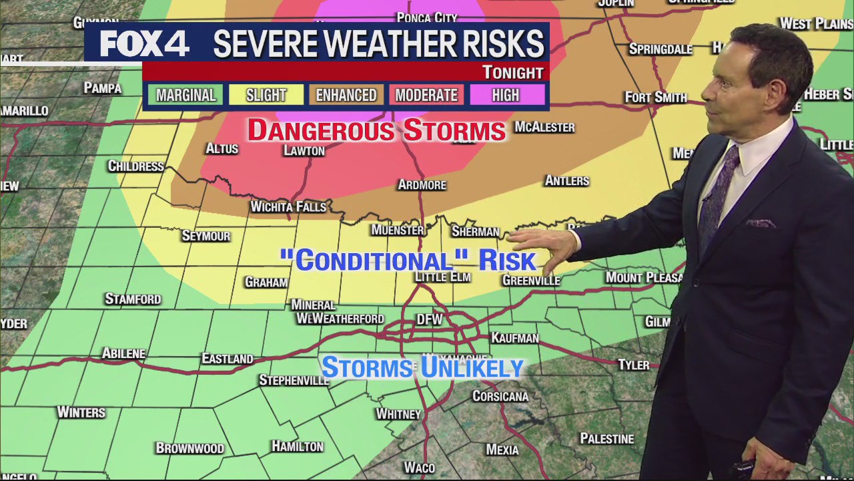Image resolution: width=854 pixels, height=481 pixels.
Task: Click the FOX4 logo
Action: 144,44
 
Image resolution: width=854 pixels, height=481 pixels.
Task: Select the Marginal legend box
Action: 185,96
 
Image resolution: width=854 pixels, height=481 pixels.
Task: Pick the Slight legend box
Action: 266,96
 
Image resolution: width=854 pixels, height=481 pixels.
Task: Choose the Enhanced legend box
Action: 346,96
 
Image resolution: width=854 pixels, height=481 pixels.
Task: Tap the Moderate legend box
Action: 426,96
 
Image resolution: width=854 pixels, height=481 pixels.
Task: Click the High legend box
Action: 506,96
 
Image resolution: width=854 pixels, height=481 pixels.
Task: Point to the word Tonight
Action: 512,72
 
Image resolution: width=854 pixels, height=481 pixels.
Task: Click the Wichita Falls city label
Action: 288,207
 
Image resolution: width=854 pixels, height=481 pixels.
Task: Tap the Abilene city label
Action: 123,353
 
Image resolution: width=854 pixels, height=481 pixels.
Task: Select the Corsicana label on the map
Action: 500,396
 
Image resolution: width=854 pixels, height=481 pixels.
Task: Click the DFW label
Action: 429,319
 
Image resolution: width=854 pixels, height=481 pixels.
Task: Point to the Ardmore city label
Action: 422,184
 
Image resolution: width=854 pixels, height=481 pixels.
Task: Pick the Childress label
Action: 136,166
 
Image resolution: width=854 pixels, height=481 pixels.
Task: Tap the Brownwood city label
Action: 189,448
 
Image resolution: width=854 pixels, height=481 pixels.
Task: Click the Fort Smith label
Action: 656,98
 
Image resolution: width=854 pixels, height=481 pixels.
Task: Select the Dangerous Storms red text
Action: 376,130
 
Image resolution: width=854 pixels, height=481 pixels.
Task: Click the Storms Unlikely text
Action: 422,367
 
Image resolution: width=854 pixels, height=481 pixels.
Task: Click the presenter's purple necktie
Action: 719,194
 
